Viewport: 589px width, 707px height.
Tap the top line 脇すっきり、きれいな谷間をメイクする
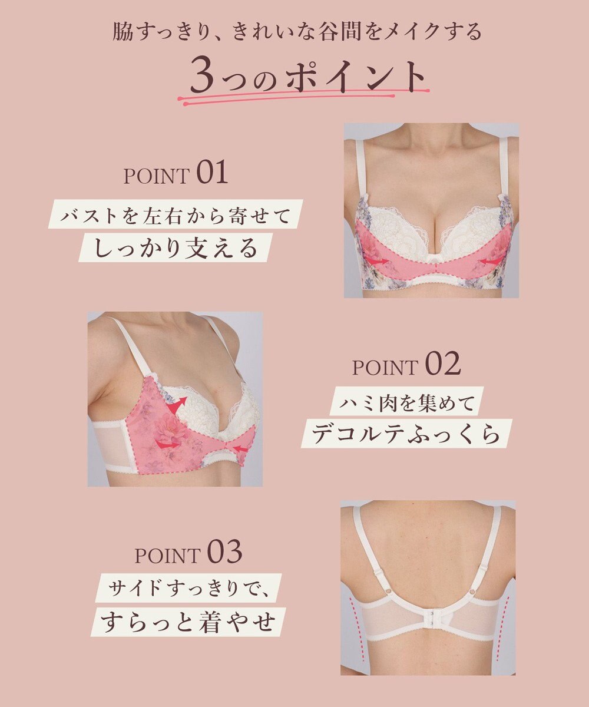coord(297,31)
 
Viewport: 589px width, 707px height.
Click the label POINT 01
coord(176,174)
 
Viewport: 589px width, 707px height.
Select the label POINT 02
coord(406,366)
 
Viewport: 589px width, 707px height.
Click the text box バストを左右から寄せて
coord(175,216)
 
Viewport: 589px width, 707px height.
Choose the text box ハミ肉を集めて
coord(406,404)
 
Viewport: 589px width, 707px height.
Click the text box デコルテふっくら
coord(406,435)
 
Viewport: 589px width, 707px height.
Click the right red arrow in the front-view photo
coord(492,260)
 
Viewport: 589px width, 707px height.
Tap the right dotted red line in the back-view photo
coord(505,625)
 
